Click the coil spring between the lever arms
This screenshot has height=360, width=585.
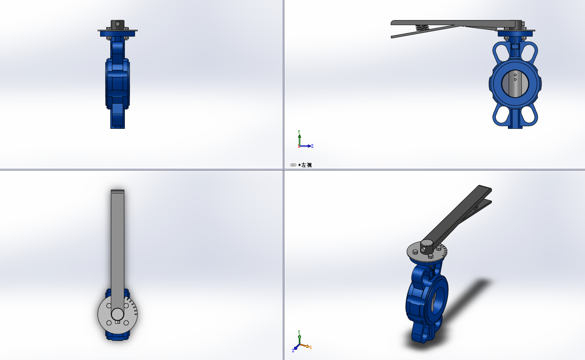point(422,27)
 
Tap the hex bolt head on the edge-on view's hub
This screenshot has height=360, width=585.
point(118,24)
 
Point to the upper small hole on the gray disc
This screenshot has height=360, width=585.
point(515,75)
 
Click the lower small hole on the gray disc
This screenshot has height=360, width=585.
point(515,79)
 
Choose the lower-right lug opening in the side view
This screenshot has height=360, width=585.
point(528,115)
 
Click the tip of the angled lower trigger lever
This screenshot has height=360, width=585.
point(393,37)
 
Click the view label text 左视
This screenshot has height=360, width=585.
point(307,165)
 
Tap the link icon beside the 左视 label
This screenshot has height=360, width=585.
point(293,165)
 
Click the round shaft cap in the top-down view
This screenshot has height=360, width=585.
point(117,314)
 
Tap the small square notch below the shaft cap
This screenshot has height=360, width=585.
point(117,322)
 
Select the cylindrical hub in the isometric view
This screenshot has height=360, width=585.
point(426,247)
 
